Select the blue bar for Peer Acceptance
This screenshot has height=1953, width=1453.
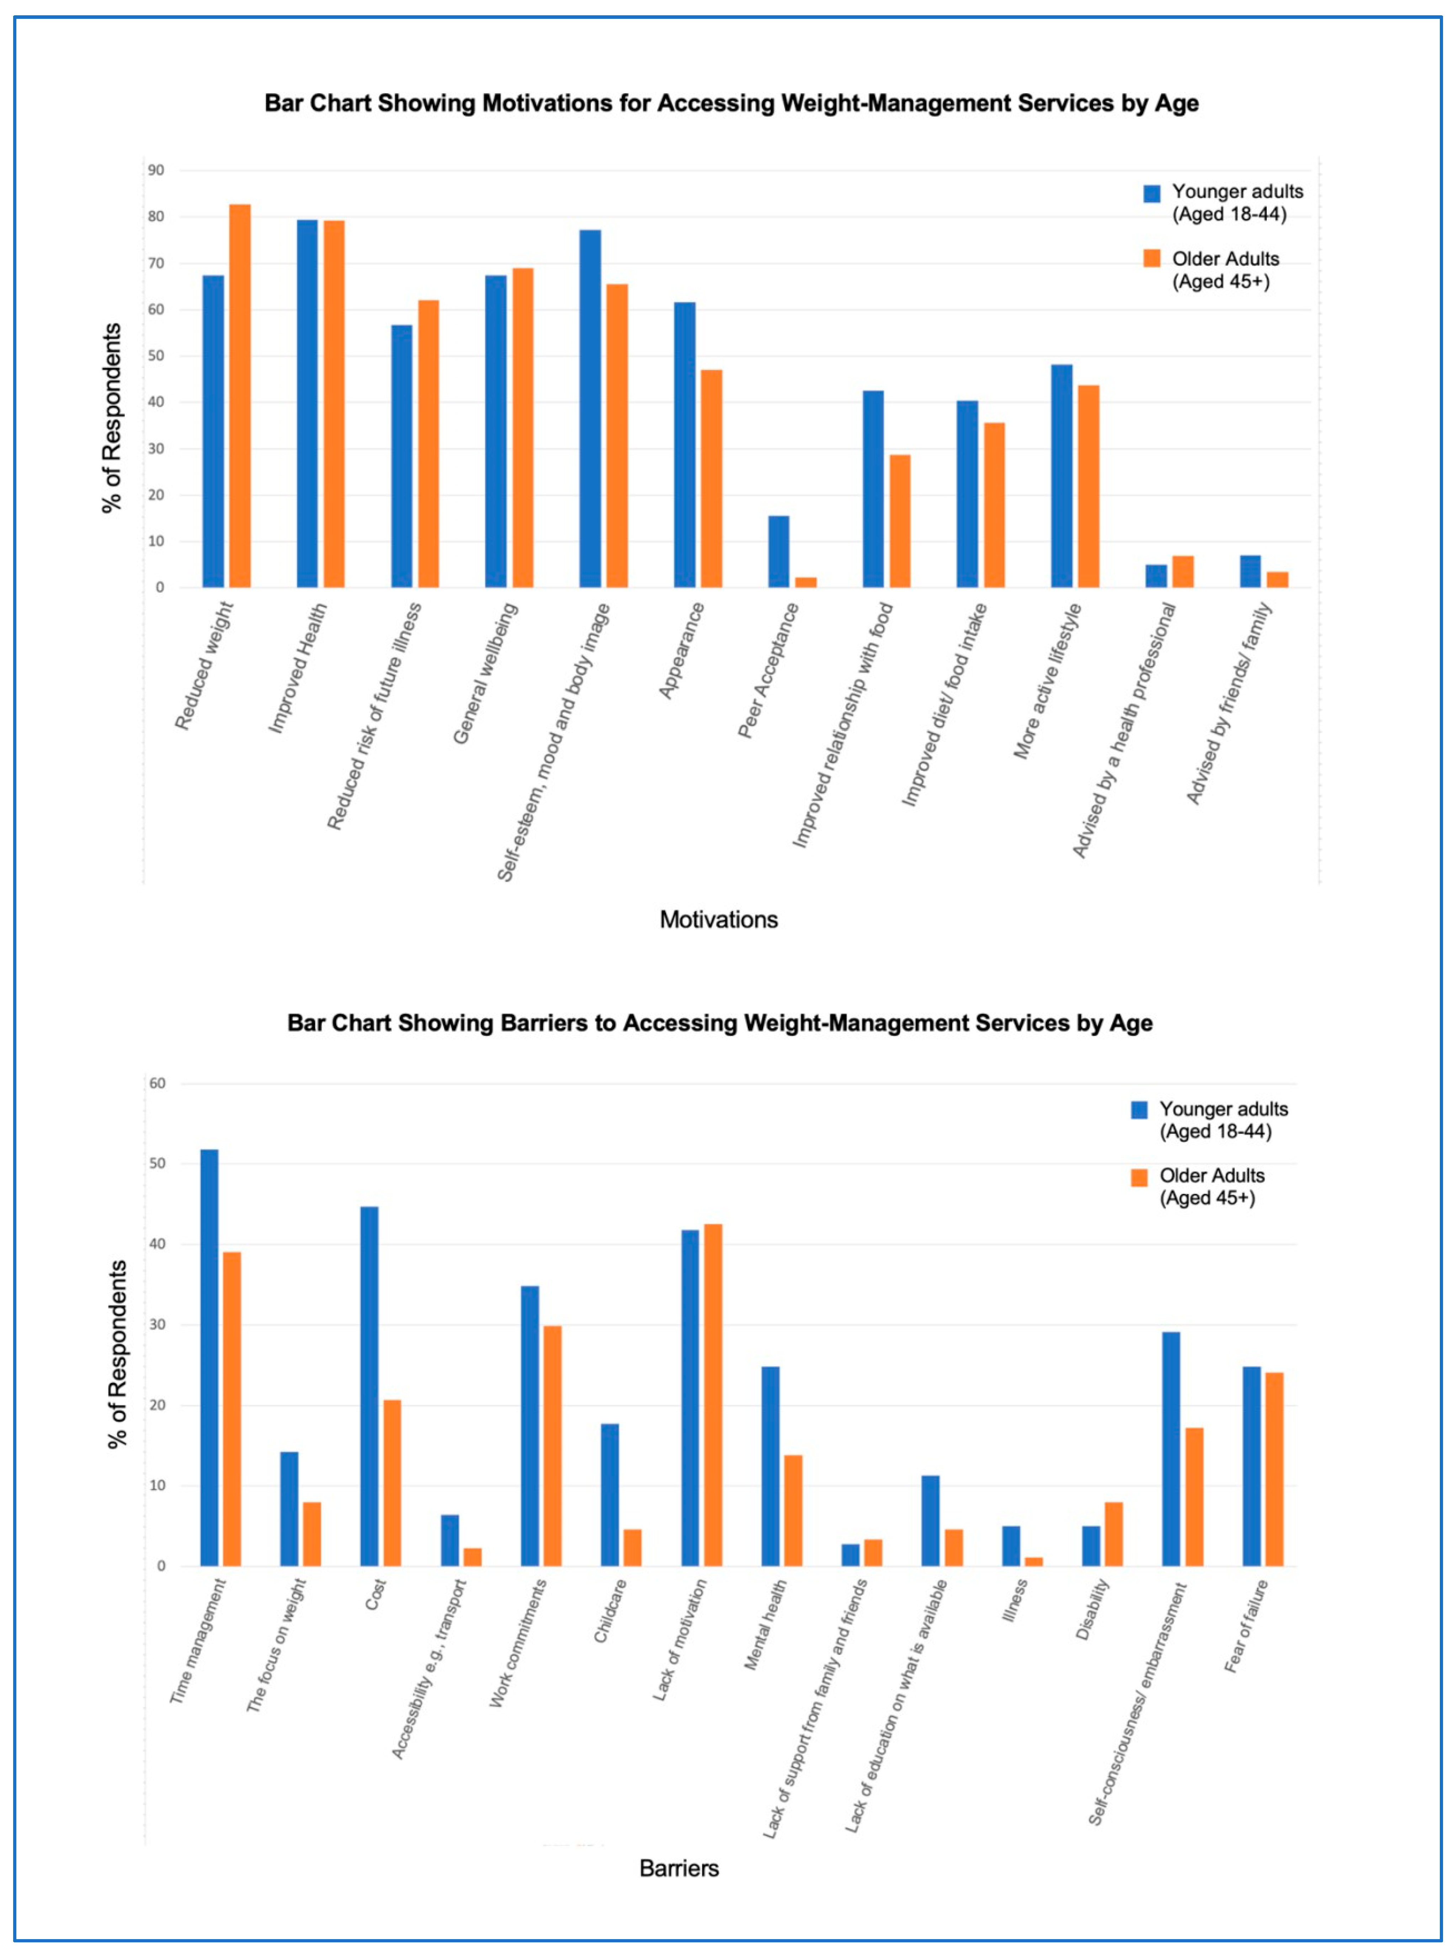pyautogui.click(x=778, y=551)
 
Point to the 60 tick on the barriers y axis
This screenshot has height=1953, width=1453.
pyautogui.click(x=158, y=1083)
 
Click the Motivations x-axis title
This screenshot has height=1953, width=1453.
pyautogui.click(x=719, y=920)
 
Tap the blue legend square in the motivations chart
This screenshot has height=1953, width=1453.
pyautogui.click(x=1151, y=193)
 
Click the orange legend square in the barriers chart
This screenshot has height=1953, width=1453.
pyautogui.click(x=1139, y=1178)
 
